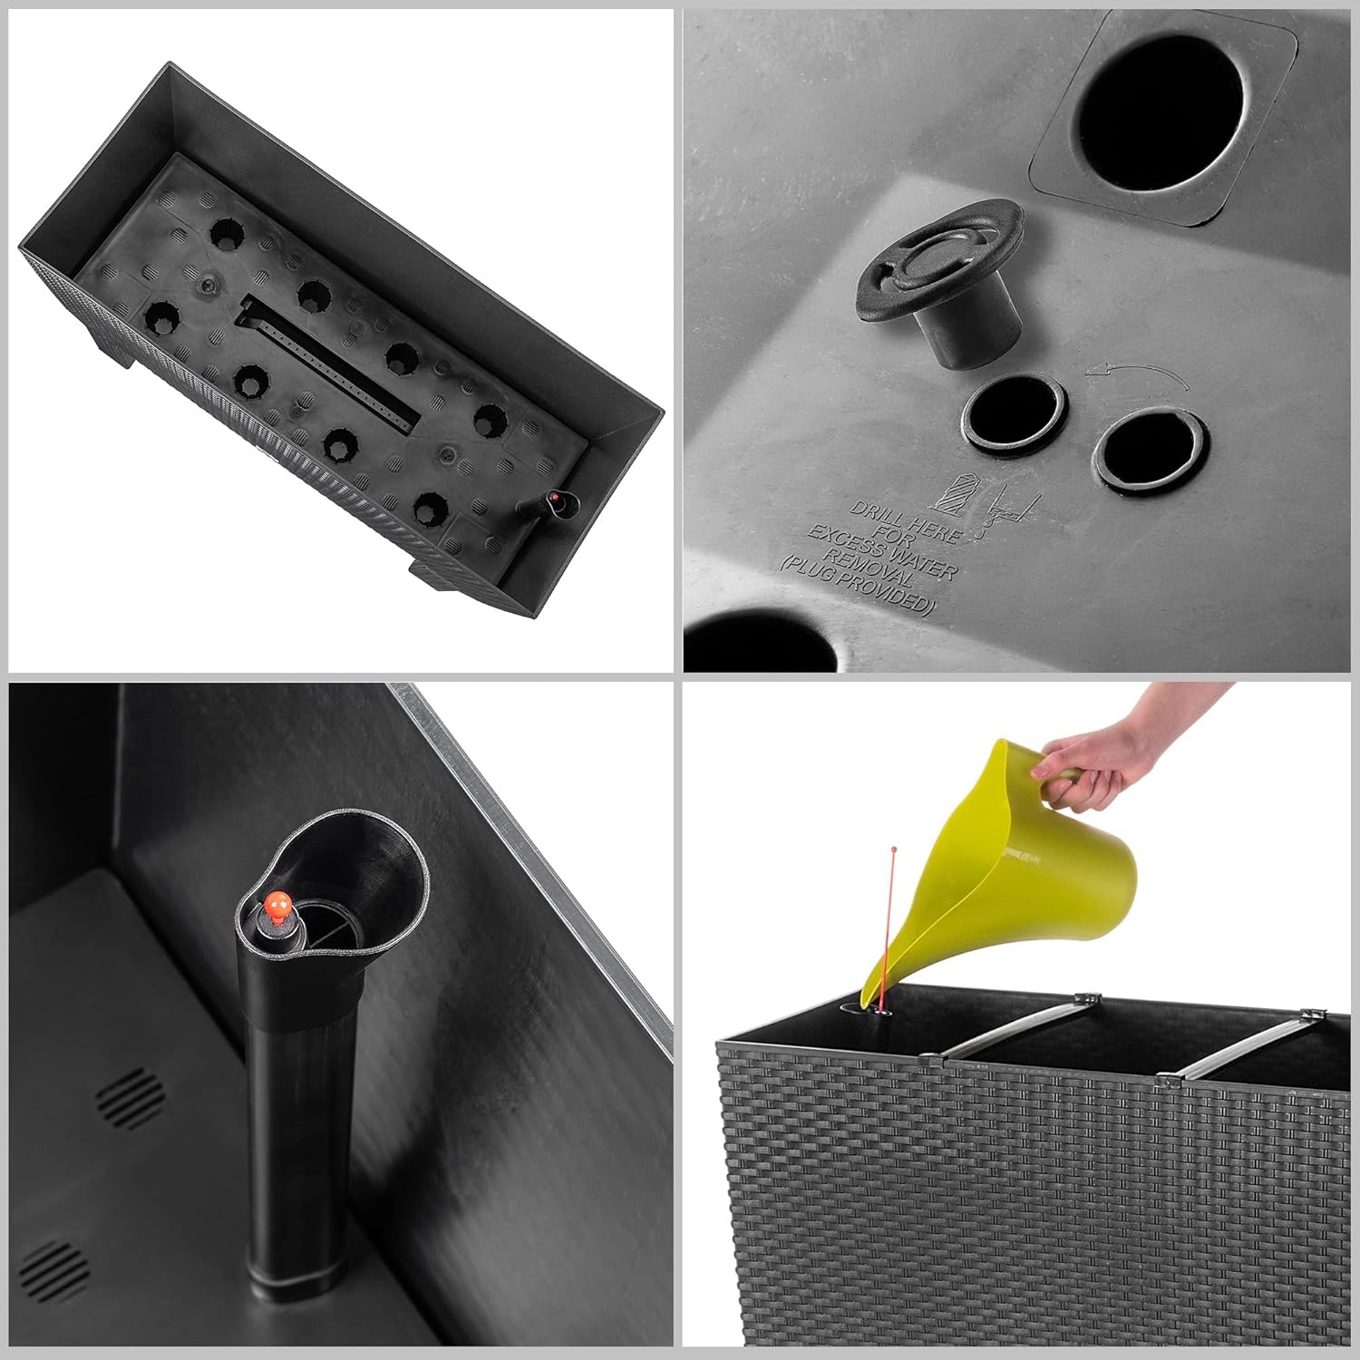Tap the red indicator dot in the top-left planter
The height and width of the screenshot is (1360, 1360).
click(x=552, y=500)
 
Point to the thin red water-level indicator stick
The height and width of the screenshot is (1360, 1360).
click(x=887, y=926)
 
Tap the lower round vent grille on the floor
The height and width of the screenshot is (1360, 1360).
click(x=51, y=1269)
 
